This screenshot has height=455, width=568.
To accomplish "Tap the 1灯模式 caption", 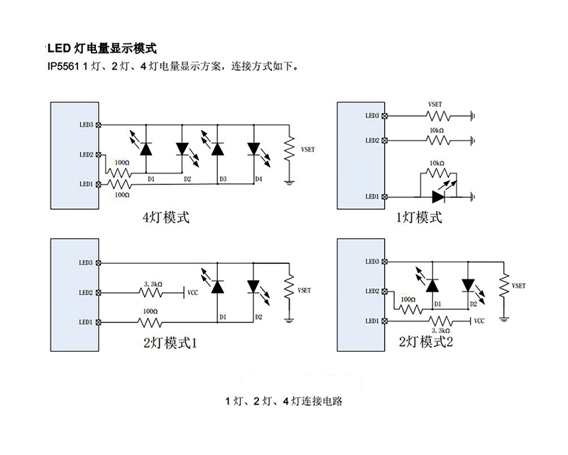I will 419,217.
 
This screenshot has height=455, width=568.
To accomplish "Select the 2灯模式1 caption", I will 170,343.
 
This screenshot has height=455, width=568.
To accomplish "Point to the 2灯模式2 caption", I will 425,343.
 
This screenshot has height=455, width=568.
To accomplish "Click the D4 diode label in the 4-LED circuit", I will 257,179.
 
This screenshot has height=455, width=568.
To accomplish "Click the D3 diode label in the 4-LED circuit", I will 222,179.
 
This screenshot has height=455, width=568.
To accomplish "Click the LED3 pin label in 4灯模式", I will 87,125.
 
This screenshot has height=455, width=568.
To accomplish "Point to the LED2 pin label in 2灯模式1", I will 86,292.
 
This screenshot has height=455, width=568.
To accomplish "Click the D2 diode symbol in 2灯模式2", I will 467,285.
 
